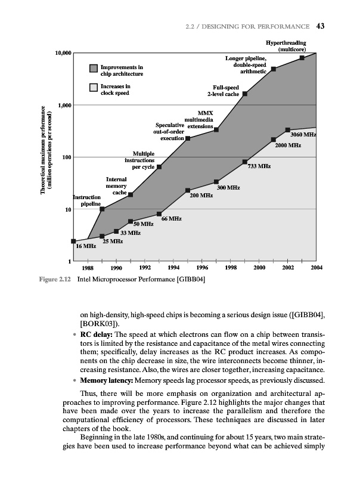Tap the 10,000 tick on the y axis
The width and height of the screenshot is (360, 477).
[63, 54]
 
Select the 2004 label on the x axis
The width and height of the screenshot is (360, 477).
[316, 268]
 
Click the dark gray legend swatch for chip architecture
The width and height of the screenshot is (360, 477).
[94, 70]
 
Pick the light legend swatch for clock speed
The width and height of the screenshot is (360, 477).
[94, 88]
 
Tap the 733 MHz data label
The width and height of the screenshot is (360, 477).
[259, 166]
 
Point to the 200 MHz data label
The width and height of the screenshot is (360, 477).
[201, 195]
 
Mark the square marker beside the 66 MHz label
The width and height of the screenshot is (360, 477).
[159, 214]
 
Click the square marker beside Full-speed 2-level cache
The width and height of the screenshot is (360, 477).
[245, 94]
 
